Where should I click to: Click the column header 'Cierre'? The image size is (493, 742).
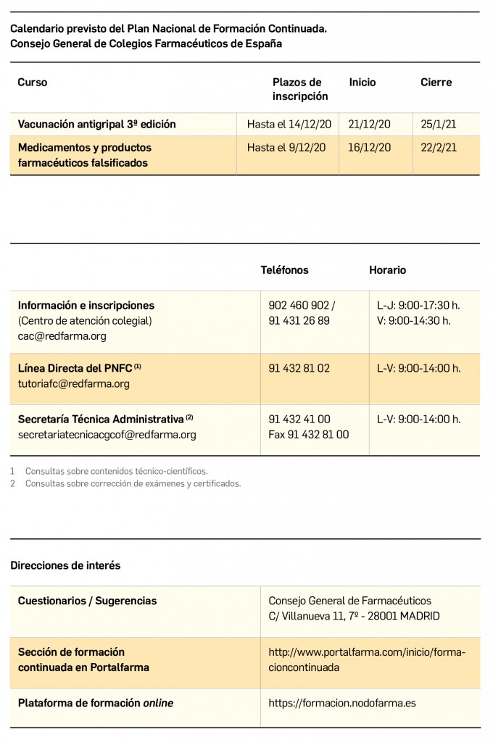tap(436, 83)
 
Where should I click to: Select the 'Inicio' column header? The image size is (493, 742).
tap(362, 83)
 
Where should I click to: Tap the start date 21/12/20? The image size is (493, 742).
tap(369, 125)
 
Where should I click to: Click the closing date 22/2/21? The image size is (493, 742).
tap(439, 148)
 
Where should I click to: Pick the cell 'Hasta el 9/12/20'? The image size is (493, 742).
tap(286, 148)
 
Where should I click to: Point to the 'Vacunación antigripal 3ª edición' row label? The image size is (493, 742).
tap(97, 125)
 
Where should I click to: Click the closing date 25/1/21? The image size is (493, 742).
tap(439, 125)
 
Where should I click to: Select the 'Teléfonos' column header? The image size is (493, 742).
tap(284, 270)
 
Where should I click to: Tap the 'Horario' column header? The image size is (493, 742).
tap(387, 270)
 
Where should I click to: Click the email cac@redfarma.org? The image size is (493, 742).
tap(62, 336)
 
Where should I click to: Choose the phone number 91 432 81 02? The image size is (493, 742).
tap(299, 368)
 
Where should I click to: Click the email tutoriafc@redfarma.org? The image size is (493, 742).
tap(74, 384)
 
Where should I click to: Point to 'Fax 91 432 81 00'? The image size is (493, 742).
tap(308, 435)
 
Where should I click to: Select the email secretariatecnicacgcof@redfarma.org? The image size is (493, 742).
tap(107, 435)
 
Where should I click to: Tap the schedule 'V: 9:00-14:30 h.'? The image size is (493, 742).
tap(413, 320)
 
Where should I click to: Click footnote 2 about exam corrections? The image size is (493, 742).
tap(133, 484)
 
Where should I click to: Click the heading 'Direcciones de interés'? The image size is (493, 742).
tap(65, 565)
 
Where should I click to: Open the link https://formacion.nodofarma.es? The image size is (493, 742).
tap(341, 703)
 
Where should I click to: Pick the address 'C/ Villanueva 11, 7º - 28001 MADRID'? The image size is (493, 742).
tap(354, 617)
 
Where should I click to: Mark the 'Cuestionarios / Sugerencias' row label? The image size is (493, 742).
tap(87, 601)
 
